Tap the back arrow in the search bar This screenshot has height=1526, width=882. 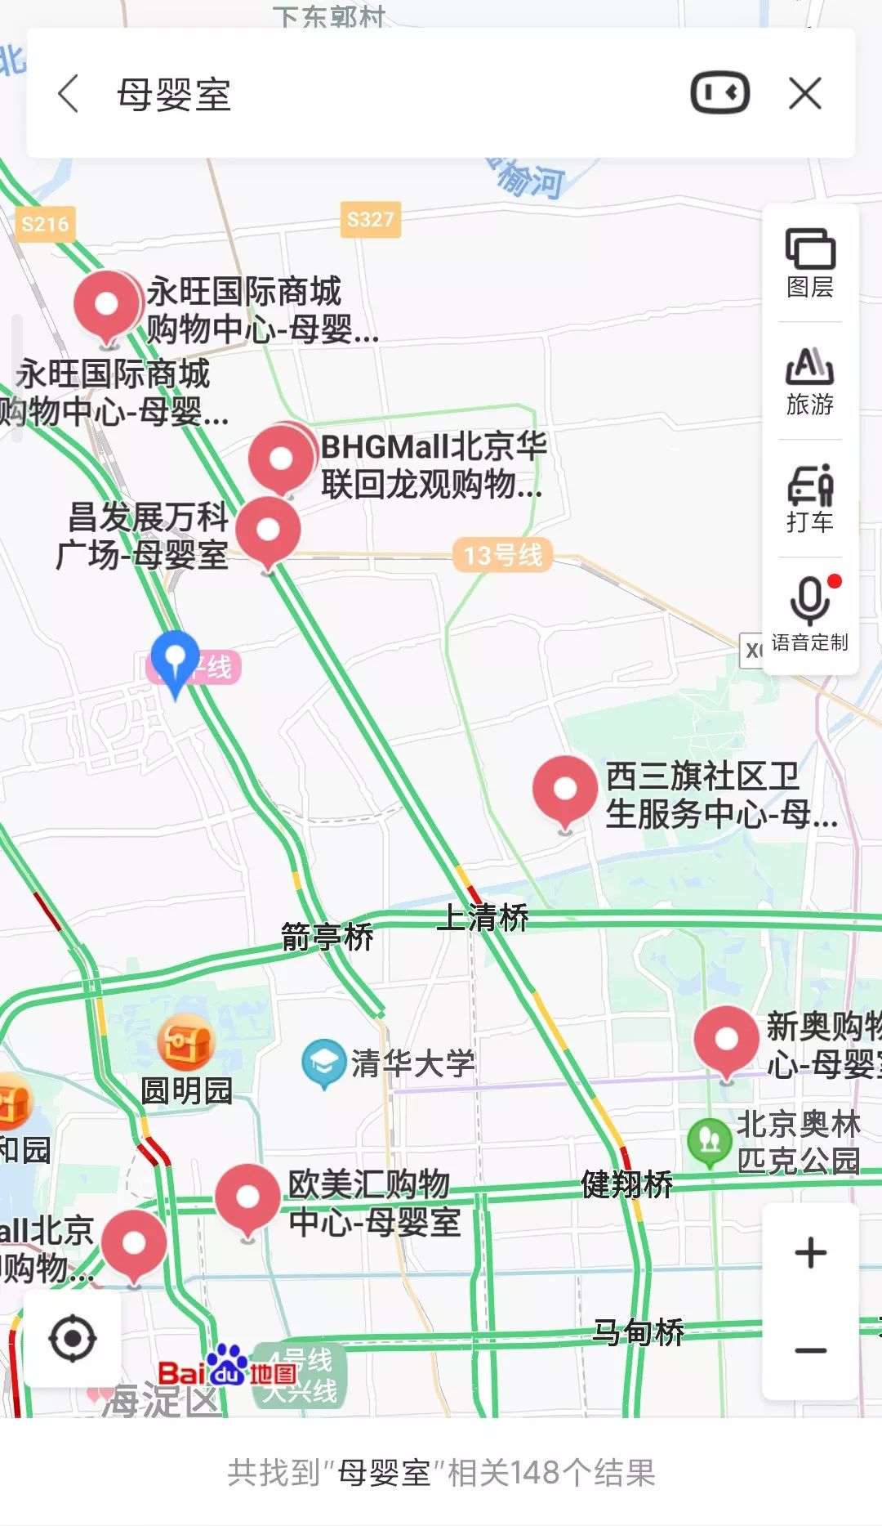point(69,93)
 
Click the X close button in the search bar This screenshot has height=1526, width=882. point(805,93)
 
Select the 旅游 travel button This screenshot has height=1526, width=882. point(809,381)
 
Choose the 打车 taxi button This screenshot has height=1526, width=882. point(809,499)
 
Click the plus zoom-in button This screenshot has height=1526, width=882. point(810,1253)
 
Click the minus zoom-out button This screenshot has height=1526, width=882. point(810,1350)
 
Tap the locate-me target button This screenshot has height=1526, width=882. point(73,1339)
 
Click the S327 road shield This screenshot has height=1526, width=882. point(370,220)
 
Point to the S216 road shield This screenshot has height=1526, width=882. point(45,225)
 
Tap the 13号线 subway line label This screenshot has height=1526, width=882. point(502,556)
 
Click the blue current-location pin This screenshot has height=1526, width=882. point(176,659)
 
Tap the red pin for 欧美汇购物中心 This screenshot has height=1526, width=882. point(247,1198)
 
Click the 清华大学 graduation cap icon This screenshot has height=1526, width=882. point(323,1063)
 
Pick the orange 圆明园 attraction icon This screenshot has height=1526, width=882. point(185,1043)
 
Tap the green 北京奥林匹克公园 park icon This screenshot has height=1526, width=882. point(709,1140)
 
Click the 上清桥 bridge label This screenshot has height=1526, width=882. point(483,917)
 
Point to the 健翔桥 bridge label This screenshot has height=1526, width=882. point(626,1184)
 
